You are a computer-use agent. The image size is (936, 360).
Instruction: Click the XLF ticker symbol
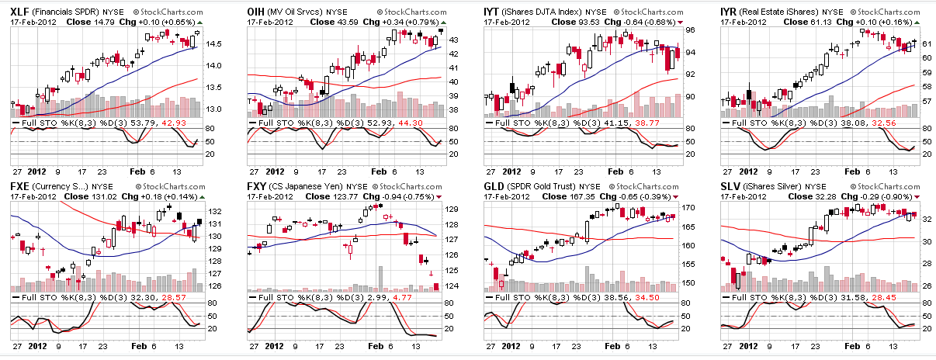tap(21, 12)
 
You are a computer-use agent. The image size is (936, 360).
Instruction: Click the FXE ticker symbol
tap(21, 187)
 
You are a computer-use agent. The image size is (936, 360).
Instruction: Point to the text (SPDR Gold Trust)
tap(546, 187)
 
